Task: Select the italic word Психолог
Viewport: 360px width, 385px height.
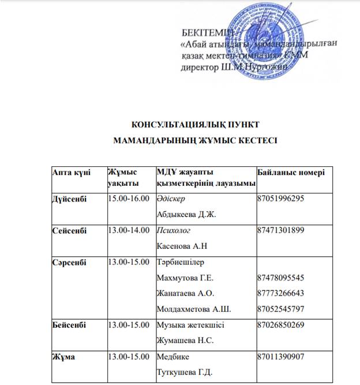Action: coord(174,230)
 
